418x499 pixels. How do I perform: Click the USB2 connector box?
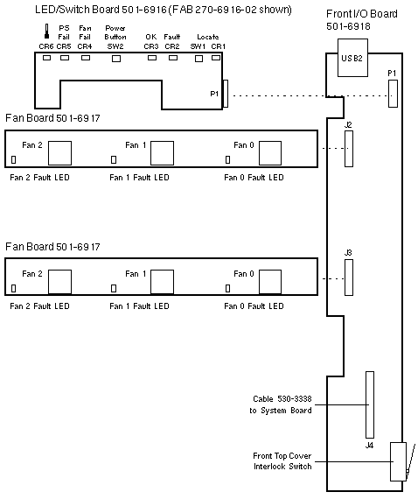coord(352,58)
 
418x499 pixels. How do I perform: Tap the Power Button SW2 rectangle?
coord(116,59)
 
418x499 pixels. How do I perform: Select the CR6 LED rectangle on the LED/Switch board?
coord(46,58)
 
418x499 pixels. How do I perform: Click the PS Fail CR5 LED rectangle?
coord(65,58)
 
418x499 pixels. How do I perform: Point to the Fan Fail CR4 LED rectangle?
coord(86,58)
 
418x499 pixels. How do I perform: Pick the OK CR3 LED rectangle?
coord(152,58)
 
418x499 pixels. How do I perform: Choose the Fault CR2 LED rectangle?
coord(173,58)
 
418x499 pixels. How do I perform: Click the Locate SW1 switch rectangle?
coord(199,59)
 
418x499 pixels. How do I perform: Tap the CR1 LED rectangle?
coord(216,58)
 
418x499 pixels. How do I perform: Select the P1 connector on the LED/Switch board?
coord(226,94)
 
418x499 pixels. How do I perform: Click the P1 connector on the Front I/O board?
coord(393,94)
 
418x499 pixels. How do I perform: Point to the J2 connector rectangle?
coord(349,149)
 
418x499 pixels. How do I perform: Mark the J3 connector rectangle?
coord(349,278)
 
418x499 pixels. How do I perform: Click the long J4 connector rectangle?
coord(370,404)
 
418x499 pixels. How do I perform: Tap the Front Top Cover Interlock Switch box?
coord(398,461)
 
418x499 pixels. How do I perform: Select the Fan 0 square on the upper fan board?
coord(270,153)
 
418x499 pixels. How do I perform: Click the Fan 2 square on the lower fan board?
coord(59,282)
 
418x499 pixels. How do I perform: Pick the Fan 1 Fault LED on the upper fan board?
coord(114,159)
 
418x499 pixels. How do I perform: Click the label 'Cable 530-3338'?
coord(282,398)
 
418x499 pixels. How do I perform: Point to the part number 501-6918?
coord(348,26)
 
